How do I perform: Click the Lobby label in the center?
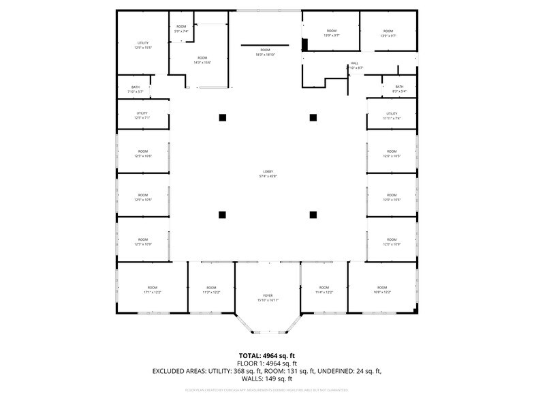(x=268, y=173)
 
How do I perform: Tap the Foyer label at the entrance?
(x=268, y=297)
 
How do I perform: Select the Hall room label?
(x=355, y=65)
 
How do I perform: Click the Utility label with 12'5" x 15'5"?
(x=143, y=45)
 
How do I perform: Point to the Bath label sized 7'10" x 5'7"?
(x=135, y=89)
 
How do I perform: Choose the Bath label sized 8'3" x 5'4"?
(x=399, y=89)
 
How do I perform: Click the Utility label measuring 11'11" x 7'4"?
(x=392, y=116)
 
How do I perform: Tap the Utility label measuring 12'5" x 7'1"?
(x=142, y=115)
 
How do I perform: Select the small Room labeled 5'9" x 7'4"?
(x=181, y=29)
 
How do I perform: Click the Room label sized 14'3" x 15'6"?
(x=202, y=60)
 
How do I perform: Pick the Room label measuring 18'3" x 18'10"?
(x=265, y=53)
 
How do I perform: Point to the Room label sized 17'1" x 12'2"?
(x=152, y=290)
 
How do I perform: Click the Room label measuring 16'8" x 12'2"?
(x=382, y=290)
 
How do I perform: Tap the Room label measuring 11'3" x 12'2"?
(x=211, y=290)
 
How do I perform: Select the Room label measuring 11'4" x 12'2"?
(x=324, y=290)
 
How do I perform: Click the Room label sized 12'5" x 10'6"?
(x=143, y=153)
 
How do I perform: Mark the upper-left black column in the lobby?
(x=222, y=117)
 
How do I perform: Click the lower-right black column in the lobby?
(x=313, y=215)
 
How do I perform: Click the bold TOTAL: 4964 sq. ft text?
(x=267, y=355)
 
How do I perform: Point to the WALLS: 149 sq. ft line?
(x=267, y=378)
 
